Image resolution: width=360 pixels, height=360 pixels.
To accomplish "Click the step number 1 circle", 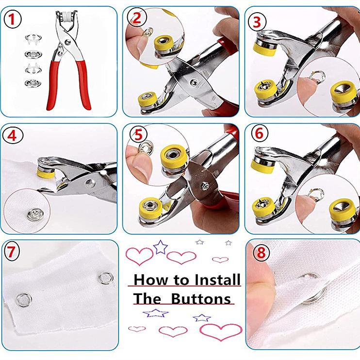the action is pos(13,19).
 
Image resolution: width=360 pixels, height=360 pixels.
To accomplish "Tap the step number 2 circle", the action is pos(137,17).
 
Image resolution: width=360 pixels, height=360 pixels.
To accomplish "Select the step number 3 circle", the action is pos(257,22).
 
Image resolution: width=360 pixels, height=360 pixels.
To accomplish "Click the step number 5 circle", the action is pos(138,135).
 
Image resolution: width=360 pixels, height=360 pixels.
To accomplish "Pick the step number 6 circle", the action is pos(260,133).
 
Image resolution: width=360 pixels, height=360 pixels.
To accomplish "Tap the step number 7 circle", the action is pos(11,252).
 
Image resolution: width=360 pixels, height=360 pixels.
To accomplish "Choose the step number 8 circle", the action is pos(261,253).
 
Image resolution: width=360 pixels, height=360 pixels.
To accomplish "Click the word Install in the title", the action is pos(217,279).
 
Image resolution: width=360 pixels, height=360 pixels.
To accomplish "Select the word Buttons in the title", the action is pos(201,299).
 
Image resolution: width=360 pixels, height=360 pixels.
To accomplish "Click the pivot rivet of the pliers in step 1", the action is pos(67,42).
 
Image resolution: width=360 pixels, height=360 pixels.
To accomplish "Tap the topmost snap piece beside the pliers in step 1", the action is pos(33,39).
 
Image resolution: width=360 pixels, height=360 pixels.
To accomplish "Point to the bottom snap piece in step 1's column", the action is pos(33,83).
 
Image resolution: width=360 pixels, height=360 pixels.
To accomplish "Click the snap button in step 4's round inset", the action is pos(35,214).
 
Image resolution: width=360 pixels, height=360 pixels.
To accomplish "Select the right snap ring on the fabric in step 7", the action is pos(106,278).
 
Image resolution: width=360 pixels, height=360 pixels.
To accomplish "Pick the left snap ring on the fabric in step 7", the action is pos(24,300).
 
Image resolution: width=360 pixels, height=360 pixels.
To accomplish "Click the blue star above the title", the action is pos(161,247).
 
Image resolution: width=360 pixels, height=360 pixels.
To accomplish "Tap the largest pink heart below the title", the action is pos(221,332).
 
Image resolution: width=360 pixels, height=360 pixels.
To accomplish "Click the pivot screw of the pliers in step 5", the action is pos(205,186).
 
